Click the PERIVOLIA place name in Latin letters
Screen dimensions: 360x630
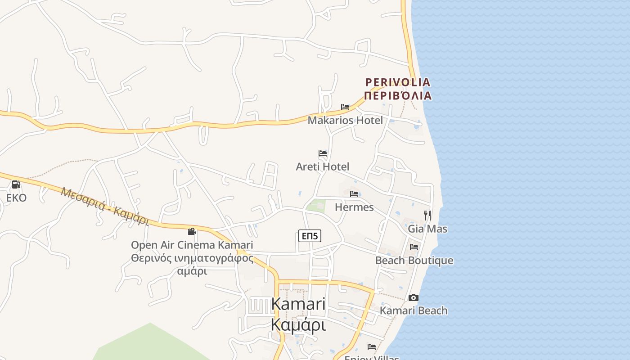[x=398, y=82]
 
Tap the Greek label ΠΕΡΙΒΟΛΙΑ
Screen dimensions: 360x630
[x=398, y=96]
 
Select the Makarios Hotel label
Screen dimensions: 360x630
[x=345, y=120]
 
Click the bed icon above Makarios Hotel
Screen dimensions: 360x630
[x=345, y=107]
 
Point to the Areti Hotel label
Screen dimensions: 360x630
[x=322, y=166]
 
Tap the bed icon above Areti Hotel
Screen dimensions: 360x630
[x=323, y=153]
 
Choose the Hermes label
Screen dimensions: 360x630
[x=354, y=207]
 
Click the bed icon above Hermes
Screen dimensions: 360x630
[x=354, y=194]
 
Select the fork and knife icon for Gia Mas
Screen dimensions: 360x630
[x=427, y=216]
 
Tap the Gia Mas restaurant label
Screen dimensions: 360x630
[x=427, y=229]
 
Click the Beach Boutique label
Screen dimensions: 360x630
[x=414, y=261]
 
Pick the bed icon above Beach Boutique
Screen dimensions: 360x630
[x=414, y=247]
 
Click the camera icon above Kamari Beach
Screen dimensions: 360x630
[x=414, y=297]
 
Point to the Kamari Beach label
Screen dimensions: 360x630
[x=414, y=310]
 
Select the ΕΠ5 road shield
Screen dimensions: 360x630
[x=310, y=235]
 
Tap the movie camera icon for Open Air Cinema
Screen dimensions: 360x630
[x=192, y=232]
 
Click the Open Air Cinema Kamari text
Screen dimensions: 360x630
[x=192, y=245]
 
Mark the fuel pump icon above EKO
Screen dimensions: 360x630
[x=16, y=184]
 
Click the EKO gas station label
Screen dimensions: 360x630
[x=16, y=198]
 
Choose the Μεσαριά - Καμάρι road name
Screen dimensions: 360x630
[x=105, y=206]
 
